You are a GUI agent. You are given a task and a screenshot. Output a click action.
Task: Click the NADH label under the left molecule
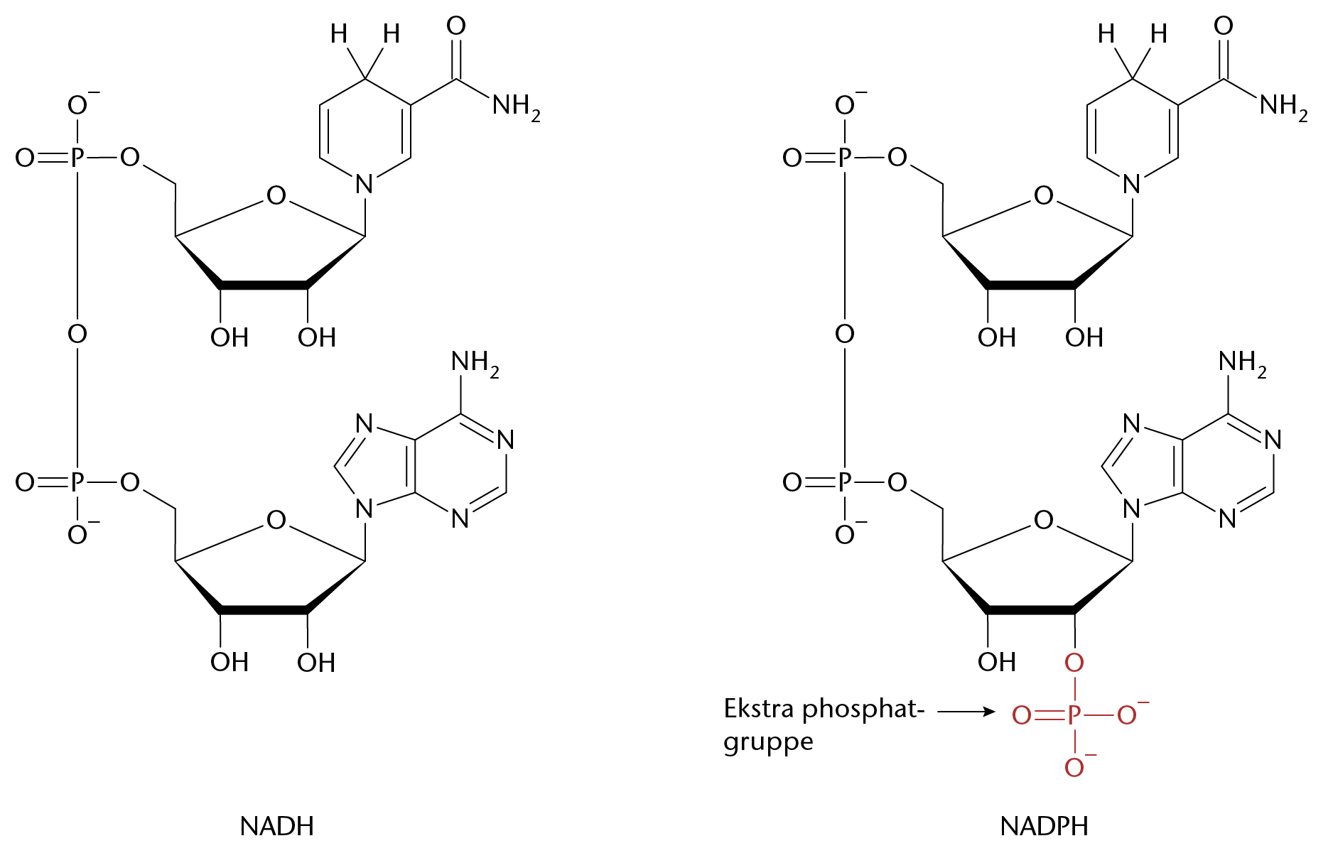[277, 826]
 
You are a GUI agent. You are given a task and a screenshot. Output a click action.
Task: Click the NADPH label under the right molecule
[1044, 826]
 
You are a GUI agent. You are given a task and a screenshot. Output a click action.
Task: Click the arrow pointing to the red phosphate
[966, 711]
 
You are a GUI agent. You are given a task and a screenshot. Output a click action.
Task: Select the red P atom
[1074, 715]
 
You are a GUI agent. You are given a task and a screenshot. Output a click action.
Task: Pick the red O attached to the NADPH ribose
[1074, 663]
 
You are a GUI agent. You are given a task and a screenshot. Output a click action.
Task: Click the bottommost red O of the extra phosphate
[1074, 767]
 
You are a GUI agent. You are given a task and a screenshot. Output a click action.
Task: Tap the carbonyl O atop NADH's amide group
[456, 26]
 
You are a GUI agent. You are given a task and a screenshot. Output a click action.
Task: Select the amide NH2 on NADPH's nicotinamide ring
[1283, 107]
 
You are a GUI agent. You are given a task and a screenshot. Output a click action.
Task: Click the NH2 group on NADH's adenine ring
[475, 363]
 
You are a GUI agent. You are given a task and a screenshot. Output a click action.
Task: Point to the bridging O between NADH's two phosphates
[77, 334]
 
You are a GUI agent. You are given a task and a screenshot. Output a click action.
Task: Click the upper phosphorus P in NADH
[77, 158]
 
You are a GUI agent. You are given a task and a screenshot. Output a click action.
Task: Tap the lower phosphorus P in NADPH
[844, 483]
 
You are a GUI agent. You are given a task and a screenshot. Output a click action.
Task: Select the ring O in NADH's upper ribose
[276, 196]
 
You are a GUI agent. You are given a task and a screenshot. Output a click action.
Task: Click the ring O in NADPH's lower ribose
[1043, 521]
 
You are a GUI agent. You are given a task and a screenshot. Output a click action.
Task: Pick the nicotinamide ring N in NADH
[365, 185]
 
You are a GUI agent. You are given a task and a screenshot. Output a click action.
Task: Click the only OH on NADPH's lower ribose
[997, 663]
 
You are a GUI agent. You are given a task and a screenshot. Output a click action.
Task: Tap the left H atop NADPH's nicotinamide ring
[1106, 33]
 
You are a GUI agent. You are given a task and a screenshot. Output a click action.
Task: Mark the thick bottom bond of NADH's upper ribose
[264, 285]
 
